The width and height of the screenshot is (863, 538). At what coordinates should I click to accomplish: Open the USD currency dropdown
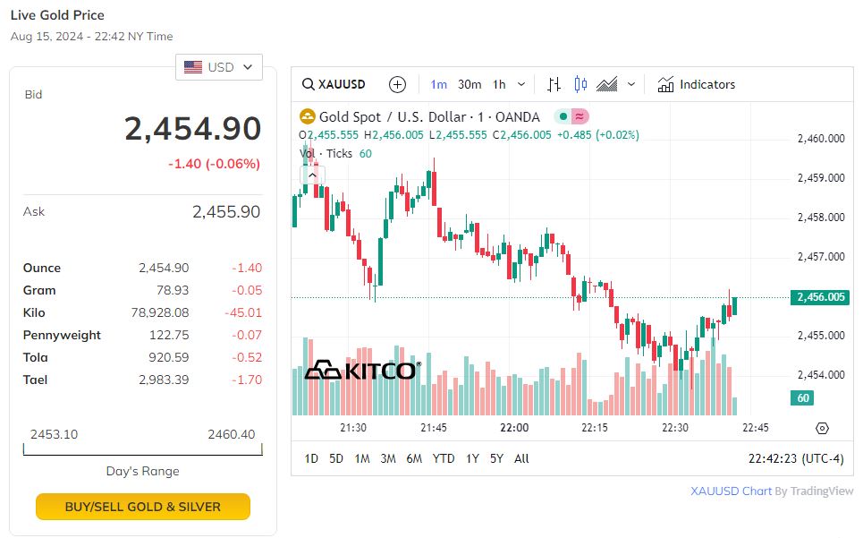(x=219, y=67)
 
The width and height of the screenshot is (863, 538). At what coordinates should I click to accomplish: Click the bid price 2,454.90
(x=192, y=129)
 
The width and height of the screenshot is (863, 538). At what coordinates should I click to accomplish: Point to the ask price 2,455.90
(x=225, y=212)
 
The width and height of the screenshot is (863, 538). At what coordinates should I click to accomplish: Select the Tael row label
(x=35, y=380)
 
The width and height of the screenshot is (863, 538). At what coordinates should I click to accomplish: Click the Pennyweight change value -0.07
(x=250, y=335)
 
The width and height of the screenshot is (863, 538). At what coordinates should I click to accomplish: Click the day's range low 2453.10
(x=54, y=434)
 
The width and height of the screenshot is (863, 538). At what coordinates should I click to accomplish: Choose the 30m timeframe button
(x=470, y=84)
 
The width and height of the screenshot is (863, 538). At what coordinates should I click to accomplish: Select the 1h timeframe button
(x=499, y=84)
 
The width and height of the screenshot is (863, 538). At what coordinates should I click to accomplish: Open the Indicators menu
(x=697, y=84)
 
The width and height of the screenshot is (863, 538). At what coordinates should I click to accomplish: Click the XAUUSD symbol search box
(x=334, y=84)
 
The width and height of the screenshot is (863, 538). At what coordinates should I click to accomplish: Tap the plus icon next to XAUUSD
(x=398, y=84)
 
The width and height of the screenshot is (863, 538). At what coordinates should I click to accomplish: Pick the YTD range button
(x=444, y=458)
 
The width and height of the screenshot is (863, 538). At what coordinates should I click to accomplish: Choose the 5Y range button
(x=496, y=458)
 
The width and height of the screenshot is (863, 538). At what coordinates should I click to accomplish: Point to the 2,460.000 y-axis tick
(x=820, y=139)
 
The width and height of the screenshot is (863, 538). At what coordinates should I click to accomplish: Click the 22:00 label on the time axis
(x=514, y=428)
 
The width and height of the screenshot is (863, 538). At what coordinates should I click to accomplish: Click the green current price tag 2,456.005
(x=819, y=297)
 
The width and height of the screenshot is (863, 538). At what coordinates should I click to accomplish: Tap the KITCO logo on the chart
(x=361, y=370)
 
